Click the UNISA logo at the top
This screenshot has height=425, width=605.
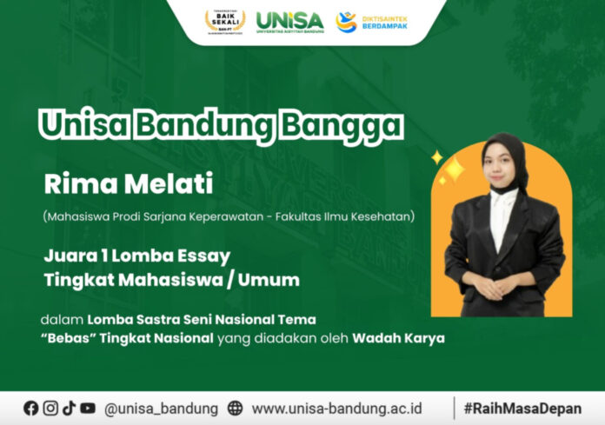pyautogui.click(x=289, y=19)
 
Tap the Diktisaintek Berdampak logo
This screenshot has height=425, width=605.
pyautogui.click(x=371, y=20)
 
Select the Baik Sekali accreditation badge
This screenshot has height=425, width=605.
pyautogui.click(x=224, y=20)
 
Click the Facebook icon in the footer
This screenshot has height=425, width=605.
pyautogui.click(x=31, y=408)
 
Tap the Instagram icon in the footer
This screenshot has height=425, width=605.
pyautogui.click(x=50, y=408)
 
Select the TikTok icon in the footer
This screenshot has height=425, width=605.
pyautogui.click(x=69, y=408)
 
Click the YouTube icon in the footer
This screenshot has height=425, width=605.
pyautogui.click(x=88, y=408)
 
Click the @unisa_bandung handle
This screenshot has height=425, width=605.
pyautogui.click(x=161, y=408)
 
